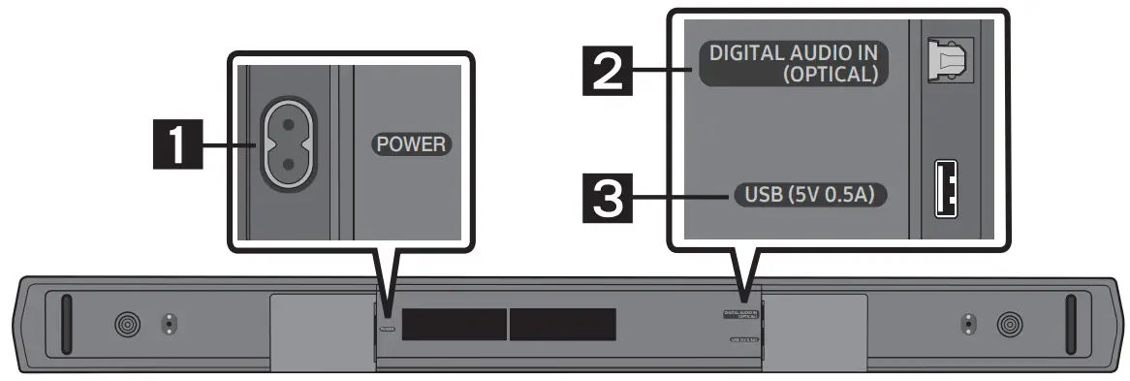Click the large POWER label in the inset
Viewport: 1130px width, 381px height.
click(413, 145)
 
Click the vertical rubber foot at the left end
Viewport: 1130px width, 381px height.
click(65, 323)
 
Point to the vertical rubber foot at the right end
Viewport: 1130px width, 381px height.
click(1071, 323)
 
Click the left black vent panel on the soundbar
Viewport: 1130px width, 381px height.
click(454, 324)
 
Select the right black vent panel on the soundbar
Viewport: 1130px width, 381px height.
click(562, 324)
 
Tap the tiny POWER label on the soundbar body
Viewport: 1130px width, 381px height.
click(388, 329)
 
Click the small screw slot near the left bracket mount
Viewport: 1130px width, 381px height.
click(171, 323)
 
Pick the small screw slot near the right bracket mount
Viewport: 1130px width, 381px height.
click(966, 323)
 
